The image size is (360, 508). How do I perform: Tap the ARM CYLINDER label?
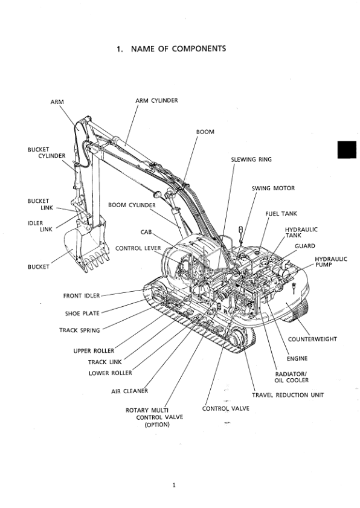pyautogui.click(x=156, y=100)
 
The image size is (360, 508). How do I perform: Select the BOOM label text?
pyautogui.click(x=205, y=131)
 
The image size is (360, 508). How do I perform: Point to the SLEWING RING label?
pyautogui.click(x=251, y=159)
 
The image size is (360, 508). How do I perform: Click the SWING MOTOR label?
pyautogui.click(x=273, y=188)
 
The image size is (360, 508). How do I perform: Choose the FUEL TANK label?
pyautogui.click(x=281, y=213)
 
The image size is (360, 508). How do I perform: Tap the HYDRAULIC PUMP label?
pyautogui.click(x=330, y=262)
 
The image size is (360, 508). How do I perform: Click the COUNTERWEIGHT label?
pyautogui.click(x=312, y=339)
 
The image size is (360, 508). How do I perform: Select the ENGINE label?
pyautogui.click(x=297, y=358)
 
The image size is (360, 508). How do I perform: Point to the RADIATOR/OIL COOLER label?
pyautogui.click(x=292, y=377)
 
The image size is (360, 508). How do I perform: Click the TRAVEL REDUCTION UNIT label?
pyautogui.click(x=288, y=394)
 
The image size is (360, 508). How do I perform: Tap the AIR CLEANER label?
pyautogui.click(x=129, y=391)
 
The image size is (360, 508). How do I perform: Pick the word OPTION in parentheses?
pyautogui.click(x=156, y=425)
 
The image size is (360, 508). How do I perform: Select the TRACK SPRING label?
pyautogui.click(x=79, y=330)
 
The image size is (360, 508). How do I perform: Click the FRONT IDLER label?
pyautogui.click(x=82, y=295)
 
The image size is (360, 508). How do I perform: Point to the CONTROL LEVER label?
pyautogui.click(x=137, y=248)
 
